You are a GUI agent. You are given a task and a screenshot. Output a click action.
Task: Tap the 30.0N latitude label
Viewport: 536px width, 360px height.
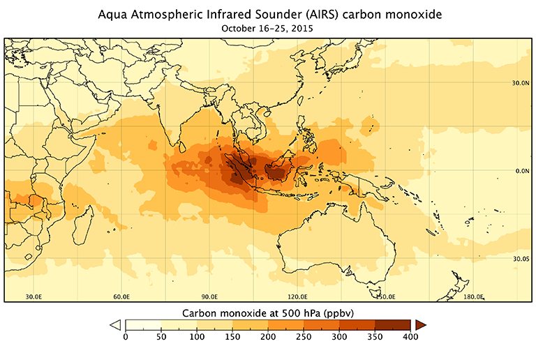point(519,83)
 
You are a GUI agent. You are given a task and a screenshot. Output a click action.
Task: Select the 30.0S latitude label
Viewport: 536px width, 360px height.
point(520,259)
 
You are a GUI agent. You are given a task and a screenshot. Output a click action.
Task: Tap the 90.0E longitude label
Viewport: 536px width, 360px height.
point(210,297)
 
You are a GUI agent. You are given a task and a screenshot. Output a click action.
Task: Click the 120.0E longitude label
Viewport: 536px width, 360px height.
point(299,297)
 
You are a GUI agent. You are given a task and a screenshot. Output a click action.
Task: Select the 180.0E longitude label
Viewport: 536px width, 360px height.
point(474,297)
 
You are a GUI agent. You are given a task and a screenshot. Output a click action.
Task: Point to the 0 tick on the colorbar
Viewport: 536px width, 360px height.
point(125,337)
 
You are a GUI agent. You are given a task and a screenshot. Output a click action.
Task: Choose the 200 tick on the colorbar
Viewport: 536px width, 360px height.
point(267,337)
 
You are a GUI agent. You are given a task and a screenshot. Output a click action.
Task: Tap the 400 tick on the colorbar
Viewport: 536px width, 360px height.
point(410,337)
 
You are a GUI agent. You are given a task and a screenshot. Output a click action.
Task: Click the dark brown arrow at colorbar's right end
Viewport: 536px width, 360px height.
point(420,324)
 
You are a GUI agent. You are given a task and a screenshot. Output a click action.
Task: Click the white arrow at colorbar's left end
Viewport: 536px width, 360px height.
point(116,324)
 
